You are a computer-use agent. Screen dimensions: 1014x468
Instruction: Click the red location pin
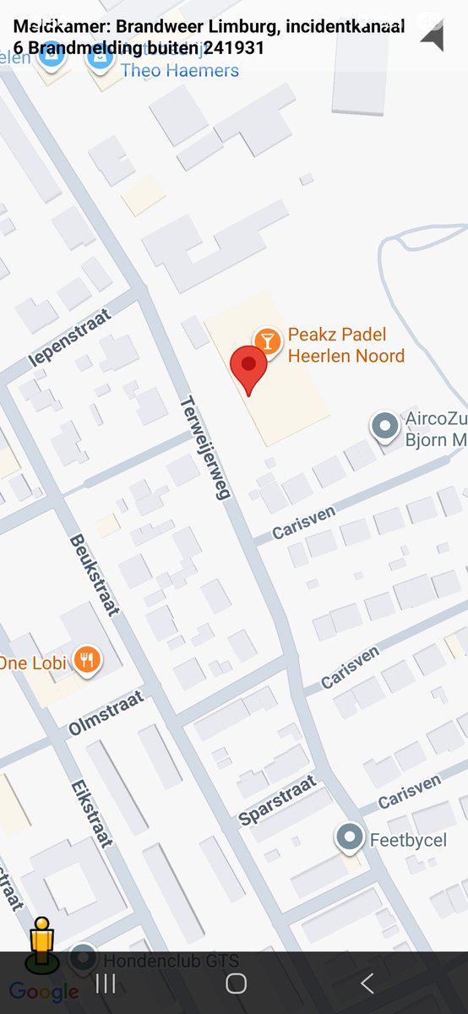(249, 368)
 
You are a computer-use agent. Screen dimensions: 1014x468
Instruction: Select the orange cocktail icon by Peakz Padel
(268, 341)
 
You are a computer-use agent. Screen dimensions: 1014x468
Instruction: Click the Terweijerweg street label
(205, 448)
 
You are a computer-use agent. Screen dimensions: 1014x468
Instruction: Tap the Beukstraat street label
(93, 575)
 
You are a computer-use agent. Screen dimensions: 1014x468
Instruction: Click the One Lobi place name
(32, 662)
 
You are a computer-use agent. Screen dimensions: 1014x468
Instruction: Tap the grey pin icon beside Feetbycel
(349, 837)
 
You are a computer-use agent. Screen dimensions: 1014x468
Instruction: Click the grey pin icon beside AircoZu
(385, 426)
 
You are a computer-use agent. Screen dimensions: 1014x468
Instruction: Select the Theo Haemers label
(180, 70)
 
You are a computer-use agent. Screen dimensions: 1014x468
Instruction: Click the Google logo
(44, 991)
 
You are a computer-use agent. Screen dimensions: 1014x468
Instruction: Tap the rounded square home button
(236, 983)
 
